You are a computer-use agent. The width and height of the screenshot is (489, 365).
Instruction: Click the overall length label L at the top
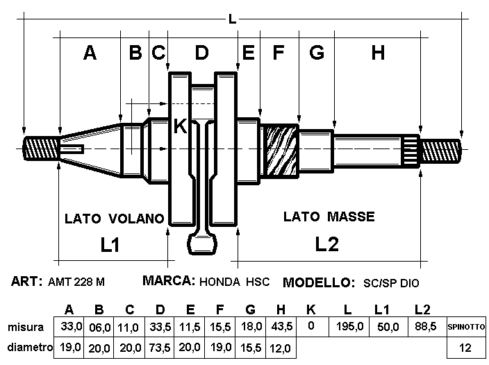tap(232, 19)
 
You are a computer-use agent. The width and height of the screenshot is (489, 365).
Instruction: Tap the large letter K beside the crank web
tap(181, 126)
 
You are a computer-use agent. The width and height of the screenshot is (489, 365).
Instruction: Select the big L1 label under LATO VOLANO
tap(110, 244)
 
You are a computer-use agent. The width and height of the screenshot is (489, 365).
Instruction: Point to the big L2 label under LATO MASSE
tap(327, 244)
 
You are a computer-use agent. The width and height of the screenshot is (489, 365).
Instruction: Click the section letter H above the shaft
tap(378, 53)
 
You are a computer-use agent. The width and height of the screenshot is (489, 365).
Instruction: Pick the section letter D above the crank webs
tap(201, 52)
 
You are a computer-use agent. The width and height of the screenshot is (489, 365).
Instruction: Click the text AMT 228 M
tap(76, 282)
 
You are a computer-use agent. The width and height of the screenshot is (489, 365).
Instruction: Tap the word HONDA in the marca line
tap(220, 282)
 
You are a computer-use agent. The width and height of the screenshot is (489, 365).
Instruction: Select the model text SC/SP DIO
tap(391, 283)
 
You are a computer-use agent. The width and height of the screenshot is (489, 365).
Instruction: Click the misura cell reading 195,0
tap(349, 327)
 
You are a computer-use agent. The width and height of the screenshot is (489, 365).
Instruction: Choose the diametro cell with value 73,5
tap(159, 348)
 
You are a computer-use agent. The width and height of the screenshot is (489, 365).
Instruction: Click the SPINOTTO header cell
tap(466, 327)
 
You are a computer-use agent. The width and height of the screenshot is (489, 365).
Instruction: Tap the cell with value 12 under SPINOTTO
tap(466, 348)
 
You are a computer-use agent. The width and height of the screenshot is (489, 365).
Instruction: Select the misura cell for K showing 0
tap(312, 327)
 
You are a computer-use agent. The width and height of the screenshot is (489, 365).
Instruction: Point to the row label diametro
tap(30, 347)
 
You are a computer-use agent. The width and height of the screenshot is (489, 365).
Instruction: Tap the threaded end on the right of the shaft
tap(440, 151)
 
